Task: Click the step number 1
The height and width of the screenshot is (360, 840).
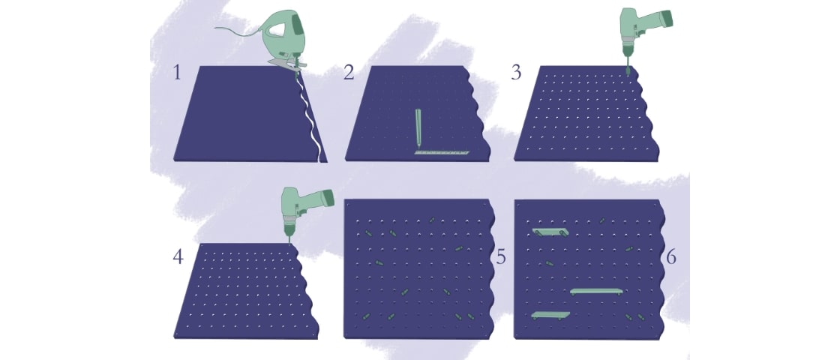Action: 177,73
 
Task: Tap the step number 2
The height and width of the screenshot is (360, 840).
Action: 348,73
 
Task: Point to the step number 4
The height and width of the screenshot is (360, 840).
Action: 178,257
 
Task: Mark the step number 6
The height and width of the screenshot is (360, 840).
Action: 671,257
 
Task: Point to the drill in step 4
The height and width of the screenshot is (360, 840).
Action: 304,206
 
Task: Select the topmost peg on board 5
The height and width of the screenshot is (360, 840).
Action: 433,219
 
